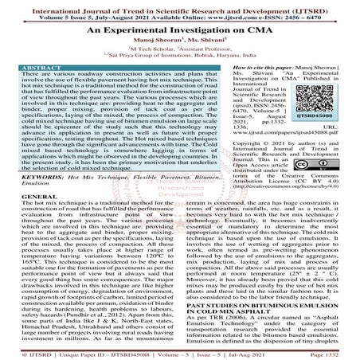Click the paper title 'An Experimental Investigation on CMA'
click(179, 25)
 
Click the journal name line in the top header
click(179, 5)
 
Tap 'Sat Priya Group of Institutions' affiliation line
click(179, 56)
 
